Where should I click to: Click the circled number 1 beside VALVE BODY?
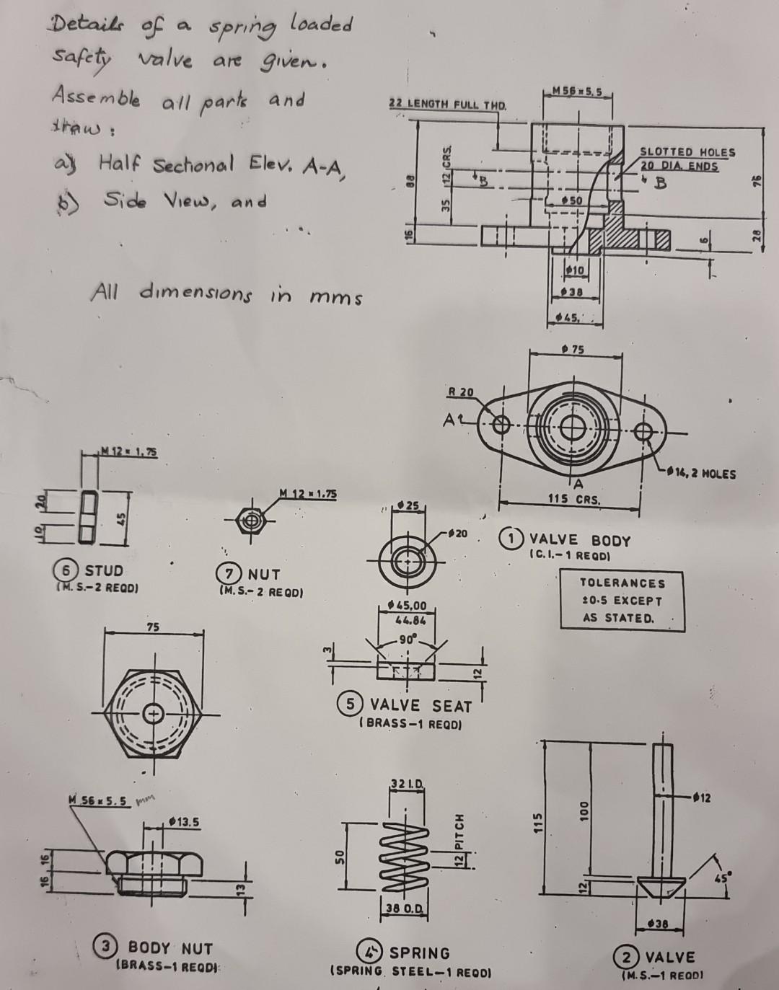tap(511, 539)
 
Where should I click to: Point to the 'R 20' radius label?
tap(461, 392)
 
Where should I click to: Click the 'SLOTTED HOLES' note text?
tap(687, 152)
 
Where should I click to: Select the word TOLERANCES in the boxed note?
tap(622, 583)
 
